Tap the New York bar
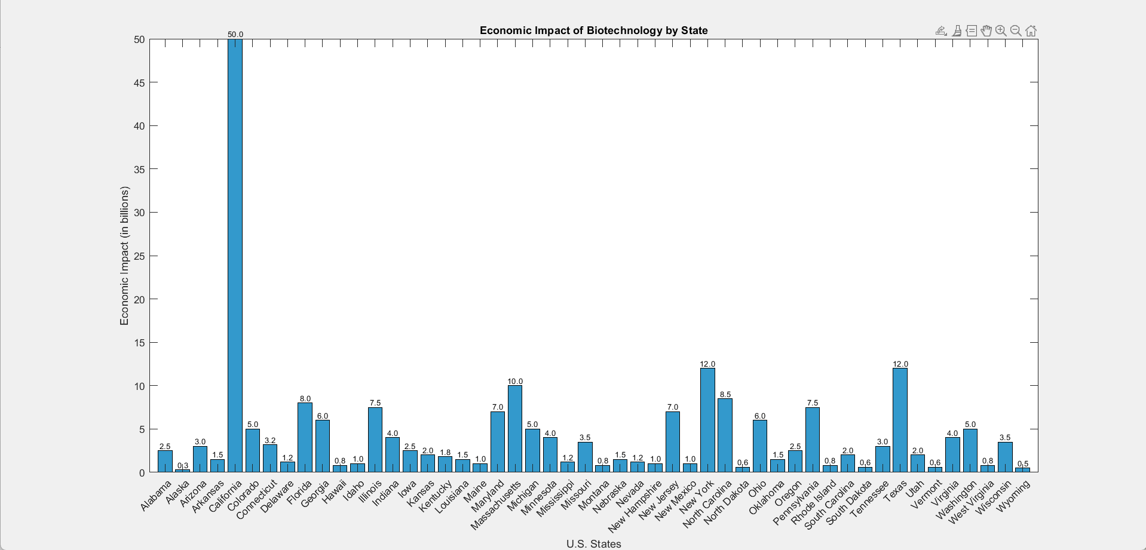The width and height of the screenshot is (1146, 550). pos(707,420)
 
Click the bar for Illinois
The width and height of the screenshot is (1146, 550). pos(375,440)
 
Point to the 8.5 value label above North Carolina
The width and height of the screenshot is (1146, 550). pos(725,395)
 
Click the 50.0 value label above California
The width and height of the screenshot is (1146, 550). pos(235,35)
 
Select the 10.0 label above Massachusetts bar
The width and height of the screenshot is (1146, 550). pos(515,382)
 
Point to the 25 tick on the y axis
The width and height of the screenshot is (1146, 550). pos(139,256)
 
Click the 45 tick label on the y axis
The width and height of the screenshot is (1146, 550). pos(139,83)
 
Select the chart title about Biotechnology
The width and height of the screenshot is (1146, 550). pos(593,30)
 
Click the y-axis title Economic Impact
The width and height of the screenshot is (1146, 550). pos(124,256)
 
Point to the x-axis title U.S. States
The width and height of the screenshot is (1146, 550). pos(593,544)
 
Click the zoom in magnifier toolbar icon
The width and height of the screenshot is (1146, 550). pos(1001,31)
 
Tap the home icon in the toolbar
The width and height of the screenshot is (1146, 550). pos(1031,31)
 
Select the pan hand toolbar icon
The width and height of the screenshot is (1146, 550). pos(986,31)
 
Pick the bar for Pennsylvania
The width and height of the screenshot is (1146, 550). pos(813,440)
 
